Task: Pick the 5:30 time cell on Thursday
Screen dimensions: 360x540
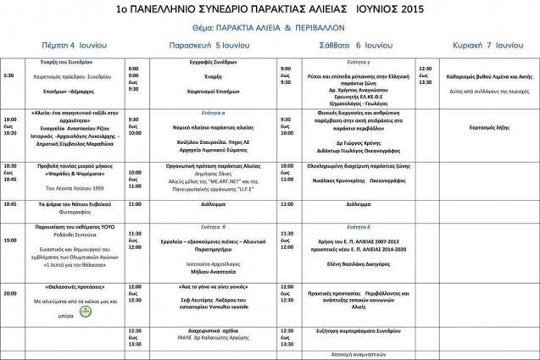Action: click(9, 75)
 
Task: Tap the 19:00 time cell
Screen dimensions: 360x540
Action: click(10, 241)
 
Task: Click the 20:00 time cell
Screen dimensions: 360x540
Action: click(10, 292)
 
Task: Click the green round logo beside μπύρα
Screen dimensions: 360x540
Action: click(85, 311)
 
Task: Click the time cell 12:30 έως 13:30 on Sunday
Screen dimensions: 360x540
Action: click(425, 75)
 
